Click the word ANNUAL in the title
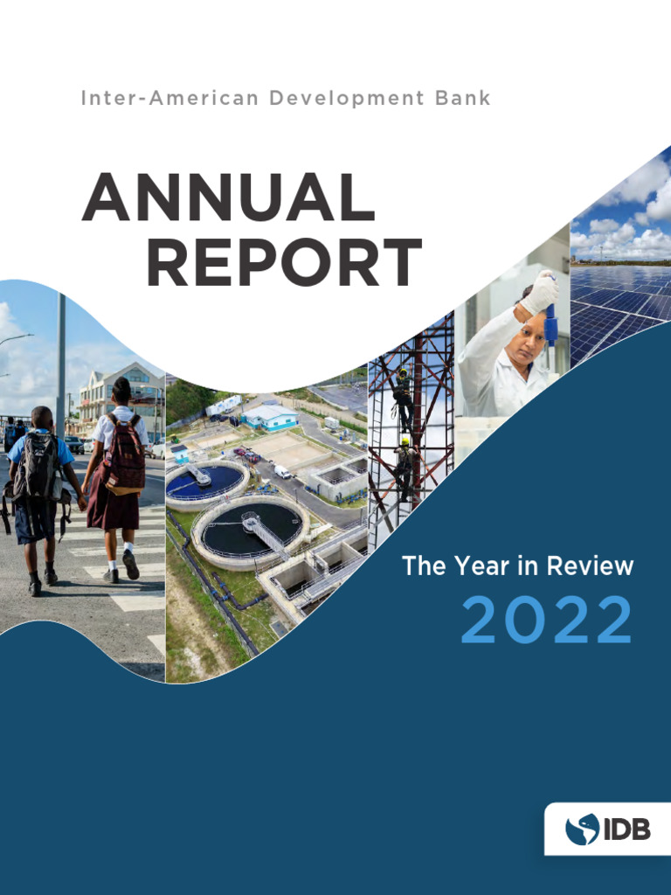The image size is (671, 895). tap(228, 198)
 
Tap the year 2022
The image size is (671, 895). tap(545, 621)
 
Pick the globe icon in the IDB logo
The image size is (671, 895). tap(583, 829)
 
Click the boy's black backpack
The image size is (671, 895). tap(38, 468)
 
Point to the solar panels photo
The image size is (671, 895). tap(621, 280)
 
